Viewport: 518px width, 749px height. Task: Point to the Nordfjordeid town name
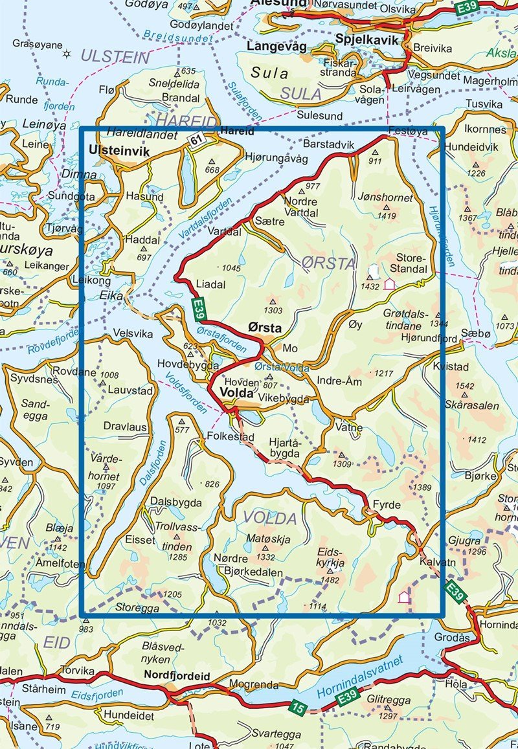[176, 676]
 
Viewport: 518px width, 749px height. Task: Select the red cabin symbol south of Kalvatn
[404, 597]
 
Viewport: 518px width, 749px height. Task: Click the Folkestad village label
[230, 438]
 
